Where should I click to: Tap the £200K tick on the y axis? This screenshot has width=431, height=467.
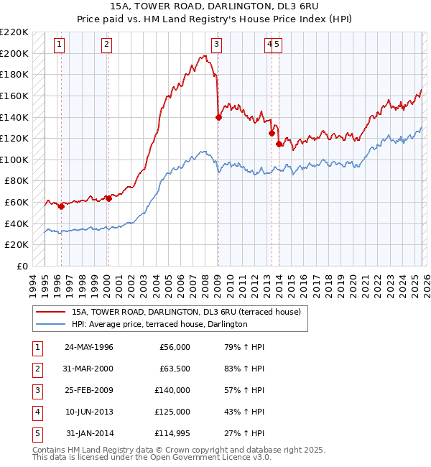(x=16, y=53)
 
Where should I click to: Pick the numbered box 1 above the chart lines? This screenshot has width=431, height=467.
(x=59, y=45)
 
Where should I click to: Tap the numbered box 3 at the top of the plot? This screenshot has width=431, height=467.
(x=216, y=45)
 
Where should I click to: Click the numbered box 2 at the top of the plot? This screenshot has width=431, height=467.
(x=106, y=45)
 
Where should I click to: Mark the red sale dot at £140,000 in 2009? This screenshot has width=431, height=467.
(x=218, y=118)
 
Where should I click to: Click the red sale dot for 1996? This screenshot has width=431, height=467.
(x=61, y=207)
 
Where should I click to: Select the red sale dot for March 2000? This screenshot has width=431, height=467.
(x=108, y=199)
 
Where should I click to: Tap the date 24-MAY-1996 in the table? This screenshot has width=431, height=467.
(x=89, y=347)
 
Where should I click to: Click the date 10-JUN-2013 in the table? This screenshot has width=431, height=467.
(x=89, y=412)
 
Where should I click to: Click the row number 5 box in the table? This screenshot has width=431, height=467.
(x=37, y=433)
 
